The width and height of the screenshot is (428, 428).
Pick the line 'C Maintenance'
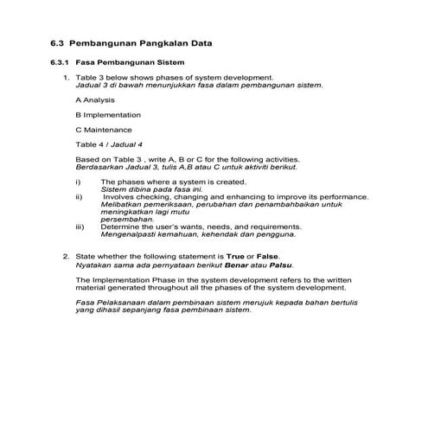coord(102,129)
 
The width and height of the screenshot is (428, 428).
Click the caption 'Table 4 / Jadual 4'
coord(109,144)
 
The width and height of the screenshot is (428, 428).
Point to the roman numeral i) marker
coord(79,182)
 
